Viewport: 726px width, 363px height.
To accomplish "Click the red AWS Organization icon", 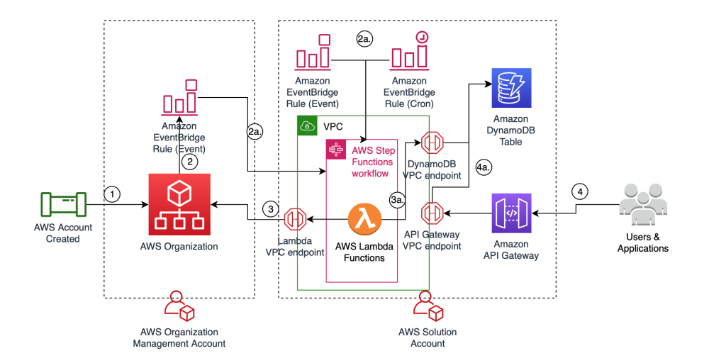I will [x=179, y=204].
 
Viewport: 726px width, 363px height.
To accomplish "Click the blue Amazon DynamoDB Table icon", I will [x=510, y=88].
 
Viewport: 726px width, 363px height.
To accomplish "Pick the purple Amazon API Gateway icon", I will [x=510, y=212].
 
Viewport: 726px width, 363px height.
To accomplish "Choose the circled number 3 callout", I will [x=270, y=210].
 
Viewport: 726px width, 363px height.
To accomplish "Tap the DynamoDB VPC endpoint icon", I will [x=432, y=143].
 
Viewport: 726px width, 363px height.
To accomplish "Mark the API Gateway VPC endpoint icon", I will [x=432, y=212].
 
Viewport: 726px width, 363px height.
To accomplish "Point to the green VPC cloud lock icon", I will [x=308, y=126].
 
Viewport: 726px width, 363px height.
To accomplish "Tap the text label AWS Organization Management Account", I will [x=179, y=337].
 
